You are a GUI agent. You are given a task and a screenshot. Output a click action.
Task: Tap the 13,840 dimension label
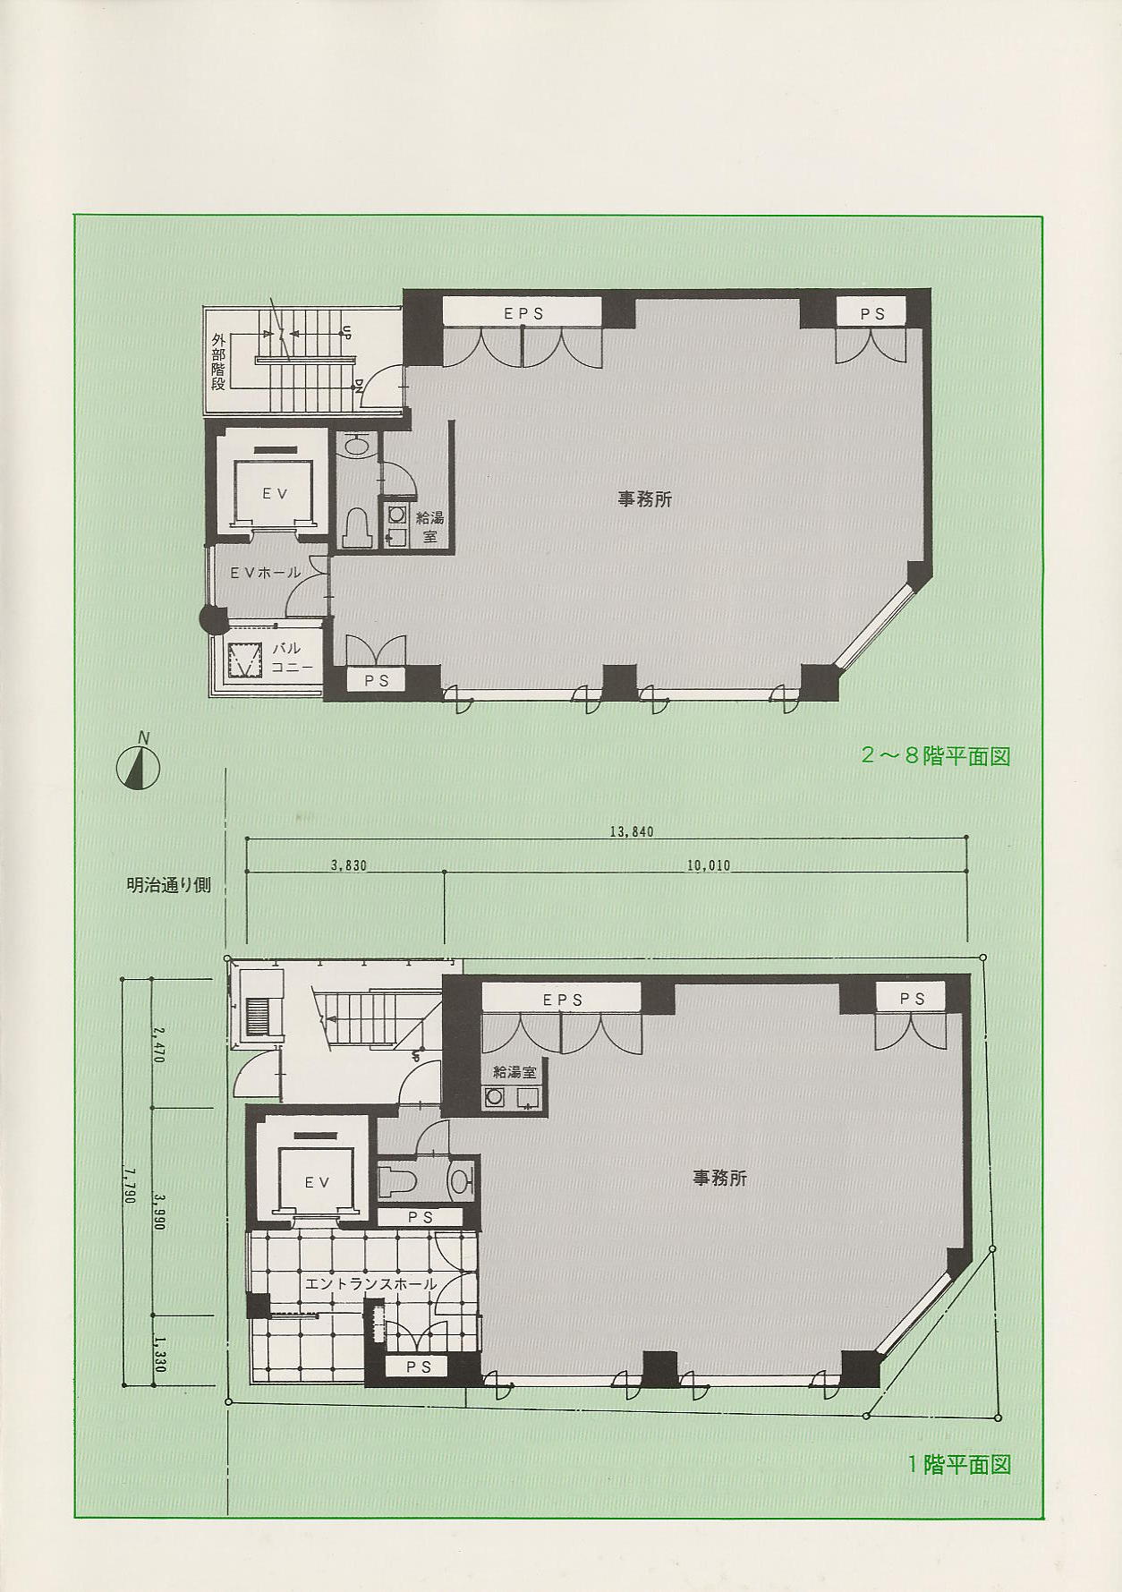632,831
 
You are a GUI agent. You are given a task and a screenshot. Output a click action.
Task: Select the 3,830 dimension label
349,865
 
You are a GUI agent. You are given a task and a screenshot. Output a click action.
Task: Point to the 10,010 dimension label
708,865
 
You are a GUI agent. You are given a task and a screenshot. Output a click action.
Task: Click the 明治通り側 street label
168,885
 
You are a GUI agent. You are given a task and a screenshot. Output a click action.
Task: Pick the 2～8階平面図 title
935,755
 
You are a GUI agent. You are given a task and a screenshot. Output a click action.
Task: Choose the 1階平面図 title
959,1464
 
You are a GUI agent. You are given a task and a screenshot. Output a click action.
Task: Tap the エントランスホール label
370,1283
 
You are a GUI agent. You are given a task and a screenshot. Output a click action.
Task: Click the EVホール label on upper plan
266,573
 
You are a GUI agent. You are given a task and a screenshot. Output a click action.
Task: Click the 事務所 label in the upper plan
644,498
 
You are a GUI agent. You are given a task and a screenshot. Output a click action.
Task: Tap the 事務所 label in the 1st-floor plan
719,1178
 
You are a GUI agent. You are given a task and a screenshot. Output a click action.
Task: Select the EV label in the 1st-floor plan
318,1182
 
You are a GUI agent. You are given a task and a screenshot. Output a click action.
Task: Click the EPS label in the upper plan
523,313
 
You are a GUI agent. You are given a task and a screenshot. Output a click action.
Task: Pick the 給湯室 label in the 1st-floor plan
514,1071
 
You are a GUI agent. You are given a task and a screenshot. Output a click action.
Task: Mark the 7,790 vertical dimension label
130,1184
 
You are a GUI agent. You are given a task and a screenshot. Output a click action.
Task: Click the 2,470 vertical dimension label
159,1043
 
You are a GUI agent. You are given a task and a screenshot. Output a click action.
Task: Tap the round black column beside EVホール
213,617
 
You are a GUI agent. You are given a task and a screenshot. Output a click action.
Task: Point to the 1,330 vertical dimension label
159,1354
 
